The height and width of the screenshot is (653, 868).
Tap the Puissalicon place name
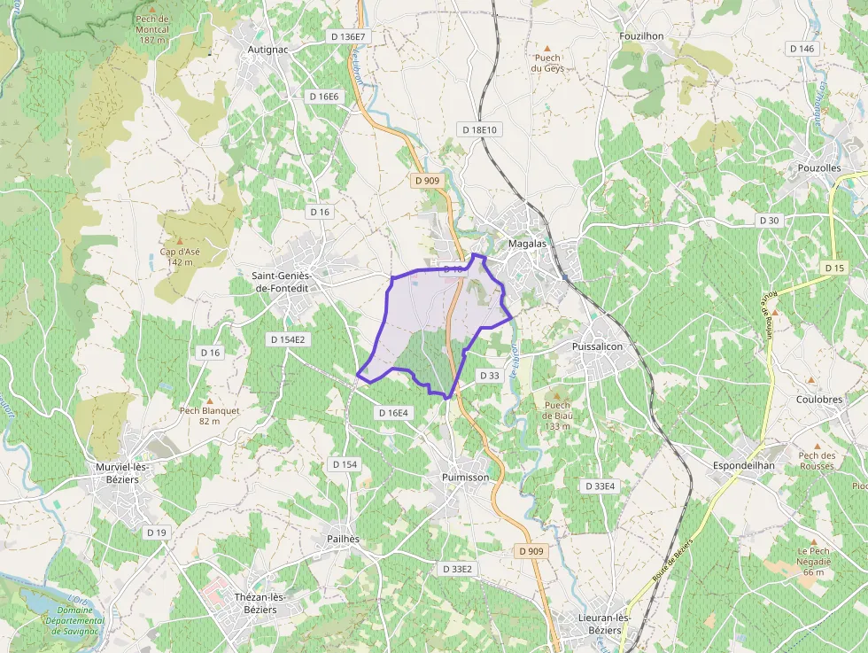click(x=598, y=346)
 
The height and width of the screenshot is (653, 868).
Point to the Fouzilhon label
click(x=642, y=35)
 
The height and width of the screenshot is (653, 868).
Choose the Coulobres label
click(x=819, y=400)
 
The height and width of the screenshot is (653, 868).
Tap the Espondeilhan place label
click(x=743, y=465)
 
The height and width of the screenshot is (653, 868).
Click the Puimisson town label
click(x=464, y=477)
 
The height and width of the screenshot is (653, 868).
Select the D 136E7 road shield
click(x=347, y=36)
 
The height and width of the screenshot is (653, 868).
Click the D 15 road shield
click(x=834, y=268)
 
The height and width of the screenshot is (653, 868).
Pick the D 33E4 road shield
click(x=601, y=486)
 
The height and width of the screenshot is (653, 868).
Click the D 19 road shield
click(x=156, y=532)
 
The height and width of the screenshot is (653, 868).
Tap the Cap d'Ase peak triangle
click(x=180, y=240)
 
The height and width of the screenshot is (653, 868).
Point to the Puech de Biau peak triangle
click(x=557, y=396)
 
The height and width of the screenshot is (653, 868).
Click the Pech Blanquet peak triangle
click(x=210, y=400)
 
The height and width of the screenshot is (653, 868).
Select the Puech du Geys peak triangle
click(x=546, y=47)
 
